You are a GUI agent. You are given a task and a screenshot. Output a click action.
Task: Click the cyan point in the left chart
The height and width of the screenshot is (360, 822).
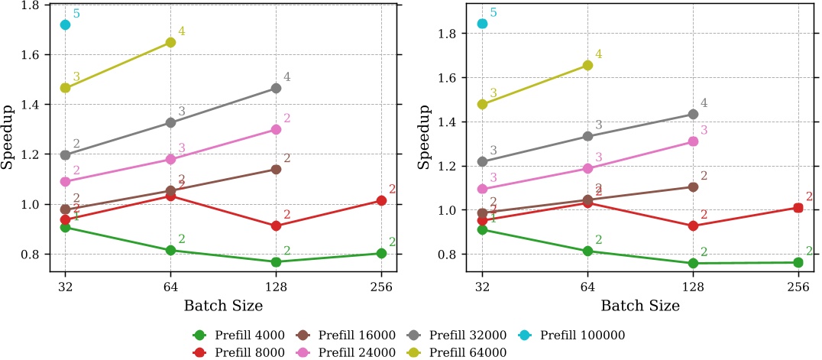point(65,24)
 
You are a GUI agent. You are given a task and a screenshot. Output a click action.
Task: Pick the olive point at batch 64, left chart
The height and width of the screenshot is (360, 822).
point(170,42)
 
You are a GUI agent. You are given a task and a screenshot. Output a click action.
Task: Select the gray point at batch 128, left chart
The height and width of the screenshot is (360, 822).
point(276,88)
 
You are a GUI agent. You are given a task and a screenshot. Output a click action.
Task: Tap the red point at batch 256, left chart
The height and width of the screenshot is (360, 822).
point(381,200)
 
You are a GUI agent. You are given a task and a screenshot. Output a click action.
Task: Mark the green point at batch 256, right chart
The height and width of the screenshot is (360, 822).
point(798,262)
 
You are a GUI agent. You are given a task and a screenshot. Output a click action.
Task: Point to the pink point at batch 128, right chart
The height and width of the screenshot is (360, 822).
point(693,141)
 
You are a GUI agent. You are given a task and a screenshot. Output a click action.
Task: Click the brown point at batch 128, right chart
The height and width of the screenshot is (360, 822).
point(693,186)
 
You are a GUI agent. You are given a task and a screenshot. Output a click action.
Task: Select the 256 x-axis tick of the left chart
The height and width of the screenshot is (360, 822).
point(381,287)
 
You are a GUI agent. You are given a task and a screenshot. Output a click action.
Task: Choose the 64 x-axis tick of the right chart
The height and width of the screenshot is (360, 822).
point(587,287)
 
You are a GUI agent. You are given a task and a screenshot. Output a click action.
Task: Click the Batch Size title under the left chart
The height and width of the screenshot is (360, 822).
point(223,306)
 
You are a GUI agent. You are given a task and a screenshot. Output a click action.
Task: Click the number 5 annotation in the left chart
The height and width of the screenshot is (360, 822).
point(76,14)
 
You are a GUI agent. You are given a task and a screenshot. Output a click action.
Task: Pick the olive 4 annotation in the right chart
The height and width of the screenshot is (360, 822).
point(599,54)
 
